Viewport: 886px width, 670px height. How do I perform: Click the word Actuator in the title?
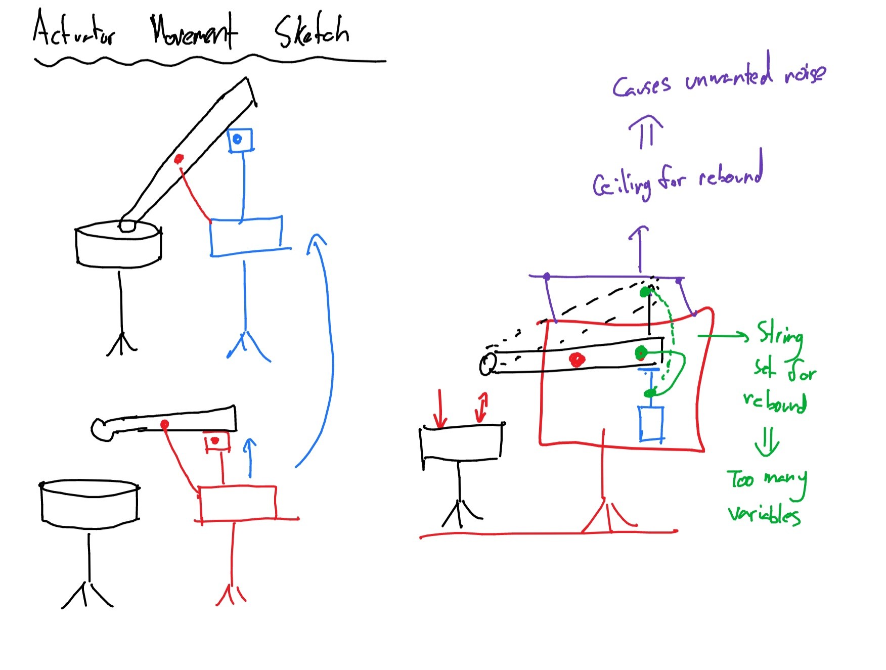74,30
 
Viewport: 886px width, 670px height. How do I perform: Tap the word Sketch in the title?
312,32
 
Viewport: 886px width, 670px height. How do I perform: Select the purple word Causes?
641,86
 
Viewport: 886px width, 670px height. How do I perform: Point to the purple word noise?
805,74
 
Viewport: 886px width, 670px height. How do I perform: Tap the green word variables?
764,515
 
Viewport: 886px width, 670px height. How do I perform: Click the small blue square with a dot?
240,140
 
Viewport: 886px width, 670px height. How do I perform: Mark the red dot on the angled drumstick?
179,159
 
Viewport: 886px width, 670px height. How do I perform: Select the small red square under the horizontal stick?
216,442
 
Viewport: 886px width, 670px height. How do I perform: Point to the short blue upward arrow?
249,458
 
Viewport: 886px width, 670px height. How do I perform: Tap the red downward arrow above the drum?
440,409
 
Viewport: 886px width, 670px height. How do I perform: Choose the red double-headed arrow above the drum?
482,408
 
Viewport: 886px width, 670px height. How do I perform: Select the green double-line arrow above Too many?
767,441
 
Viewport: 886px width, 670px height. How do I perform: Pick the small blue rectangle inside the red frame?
651,424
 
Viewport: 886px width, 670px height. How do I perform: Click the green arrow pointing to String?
723,336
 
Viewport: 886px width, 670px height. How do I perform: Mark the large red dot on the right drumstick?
577,360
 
